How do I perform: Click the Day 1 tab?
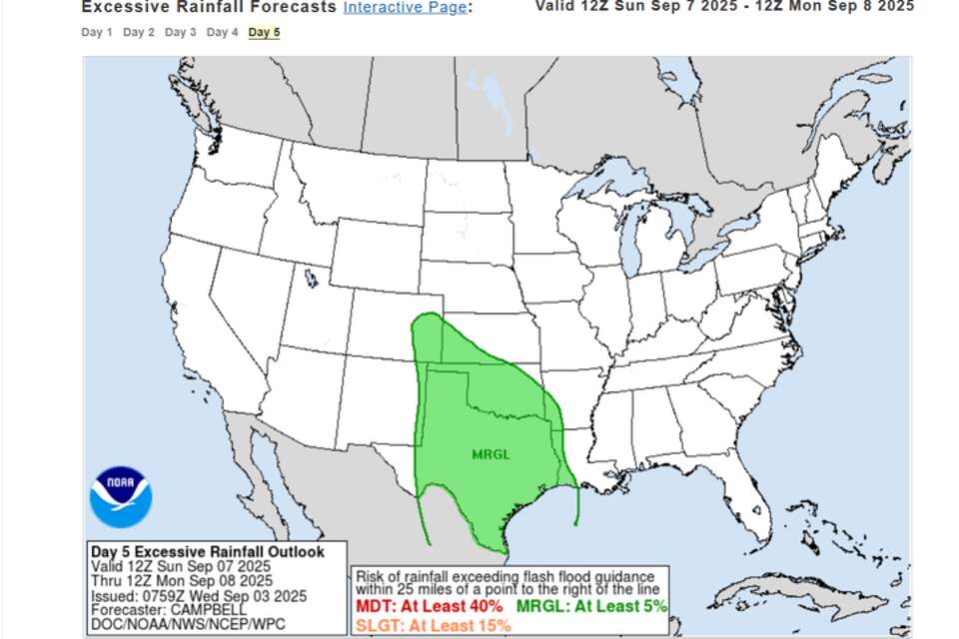click(97, 32)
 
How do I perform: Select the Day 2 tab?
click(139, 32)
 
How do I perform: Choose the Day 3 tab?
click(181, 32)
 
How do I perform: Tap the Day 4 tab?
click(223, 32)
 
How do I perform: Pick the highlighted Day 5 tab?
click(265, 32)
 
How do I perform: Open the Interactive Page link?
click(404, 7)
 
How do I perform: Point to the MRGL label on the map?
click(490, 454)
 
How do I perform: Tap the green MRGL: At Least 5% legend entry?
click(591, 606)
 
